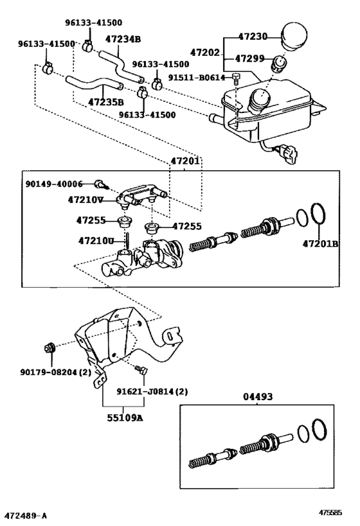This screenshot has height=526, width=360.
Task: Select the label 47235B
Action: pyautogui.click(x=106, y=101)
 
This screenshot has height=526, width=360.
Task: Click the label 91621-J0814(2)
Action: pyautogui.click(x=152, y=391)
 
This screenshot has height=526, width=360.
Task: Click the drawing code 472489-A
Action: pyautogui.click(x=26, y=516)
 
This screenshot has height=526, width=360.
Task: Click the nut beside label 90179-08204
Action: pyautogui.click(x=48, y=349)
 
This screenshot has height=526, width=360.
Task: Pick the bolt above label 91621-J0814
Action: pyautogui.click(x=141, y=370)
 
